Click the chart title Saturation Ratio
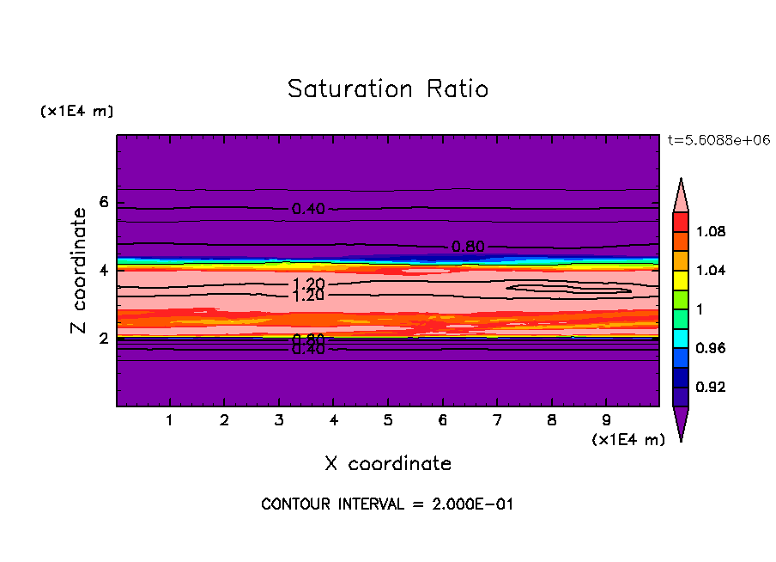pyautogui.click(x=387, y=89)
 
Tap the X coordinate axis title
pyautogui.click(x=388, y=464)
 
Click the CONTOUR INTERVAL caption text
pyautogui.click(x=387, y=504)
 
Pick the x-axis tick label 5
pyautogui.click(x=388, y=421)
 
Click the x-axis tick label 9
pyautogui.click(x=606, y=421)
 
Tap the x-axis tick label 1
pyautogui.click(x=170, y=421)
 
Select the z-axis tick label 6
pyautogui.click(x=104, y=203)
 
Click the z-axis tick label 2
pyautogui.click(x=104, y=339)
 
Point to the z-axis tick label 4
pyautogui.click(x=104, y=271)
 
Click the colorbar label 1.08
pyautogui.click(x=712, y=231)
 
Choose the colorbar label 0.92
pyautogui.click(x=712, y=387)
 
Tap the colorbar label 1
pyautogui.click(x=700, y=309)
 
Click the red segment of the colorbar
pyautogui.click(x=681, y=221)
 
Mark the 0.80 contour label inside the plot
pyautogui.click(x=469, y=247)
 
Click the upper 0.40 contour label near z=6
pyautogui.click(x=308, y=209)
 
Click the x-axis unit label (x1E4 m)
pyautogui.click(x=628, y=440)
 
